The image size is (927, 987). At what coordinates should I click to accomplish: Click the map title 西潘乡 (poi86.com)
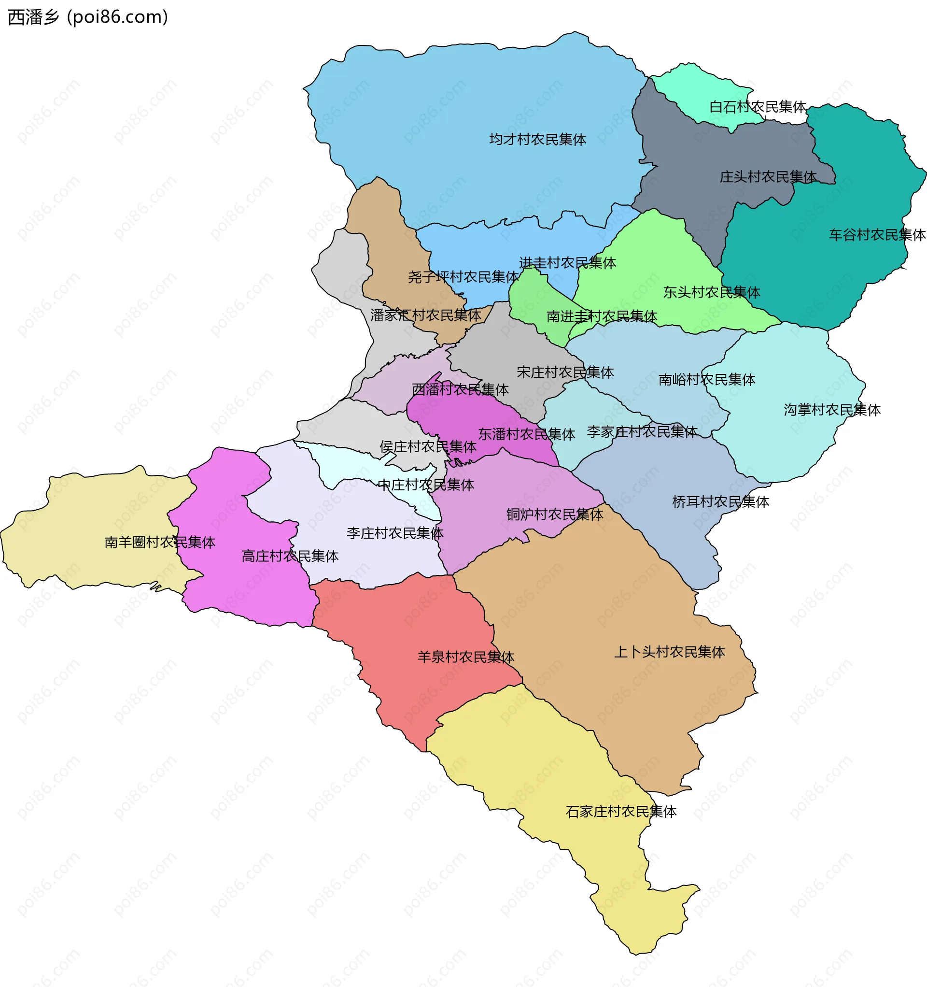point(88,17)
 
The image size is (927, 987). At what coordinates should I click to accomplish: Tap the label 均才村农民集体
point(537,140)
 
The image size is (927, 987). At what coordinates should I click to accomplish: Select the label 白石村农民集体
point(757,107)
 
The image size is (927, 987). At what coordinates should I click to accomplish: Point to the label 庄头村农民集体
point(768,177)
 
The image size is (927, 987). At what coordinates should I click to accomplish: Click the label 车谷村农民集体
point(877,235)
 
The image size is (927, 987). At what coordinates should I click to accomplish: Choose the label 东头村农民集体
point(711,292)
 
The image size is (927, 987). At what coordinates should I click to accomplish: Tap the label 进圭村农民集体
point(567,263)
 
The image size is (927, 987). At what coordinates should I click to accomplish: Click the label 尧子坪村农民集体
point(463,277)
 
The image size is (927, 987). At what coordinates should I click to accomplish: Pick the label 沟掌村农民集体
point(832,410)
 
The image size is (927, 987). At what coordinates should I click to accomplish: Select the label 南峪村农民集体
point(706,380)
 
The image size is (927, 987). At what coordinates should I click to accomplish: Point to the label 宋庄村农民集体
point(565,372)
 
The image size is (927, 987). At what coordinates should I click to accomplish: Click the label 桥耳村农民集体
point(720,502)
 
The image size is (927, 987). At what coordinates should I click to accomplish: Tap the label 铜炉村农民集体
point(554,515)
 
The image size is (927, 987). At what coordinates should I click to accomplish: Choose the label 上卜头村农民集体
point(669,652)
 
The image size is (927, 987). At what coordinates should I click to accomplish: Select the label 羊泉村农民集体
point(465,658)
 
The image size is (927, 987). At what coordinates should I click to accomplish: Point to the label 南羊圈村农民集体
point(159,542)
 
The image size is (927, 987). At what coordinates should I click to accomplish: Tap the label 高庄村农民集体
point(289,556)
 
